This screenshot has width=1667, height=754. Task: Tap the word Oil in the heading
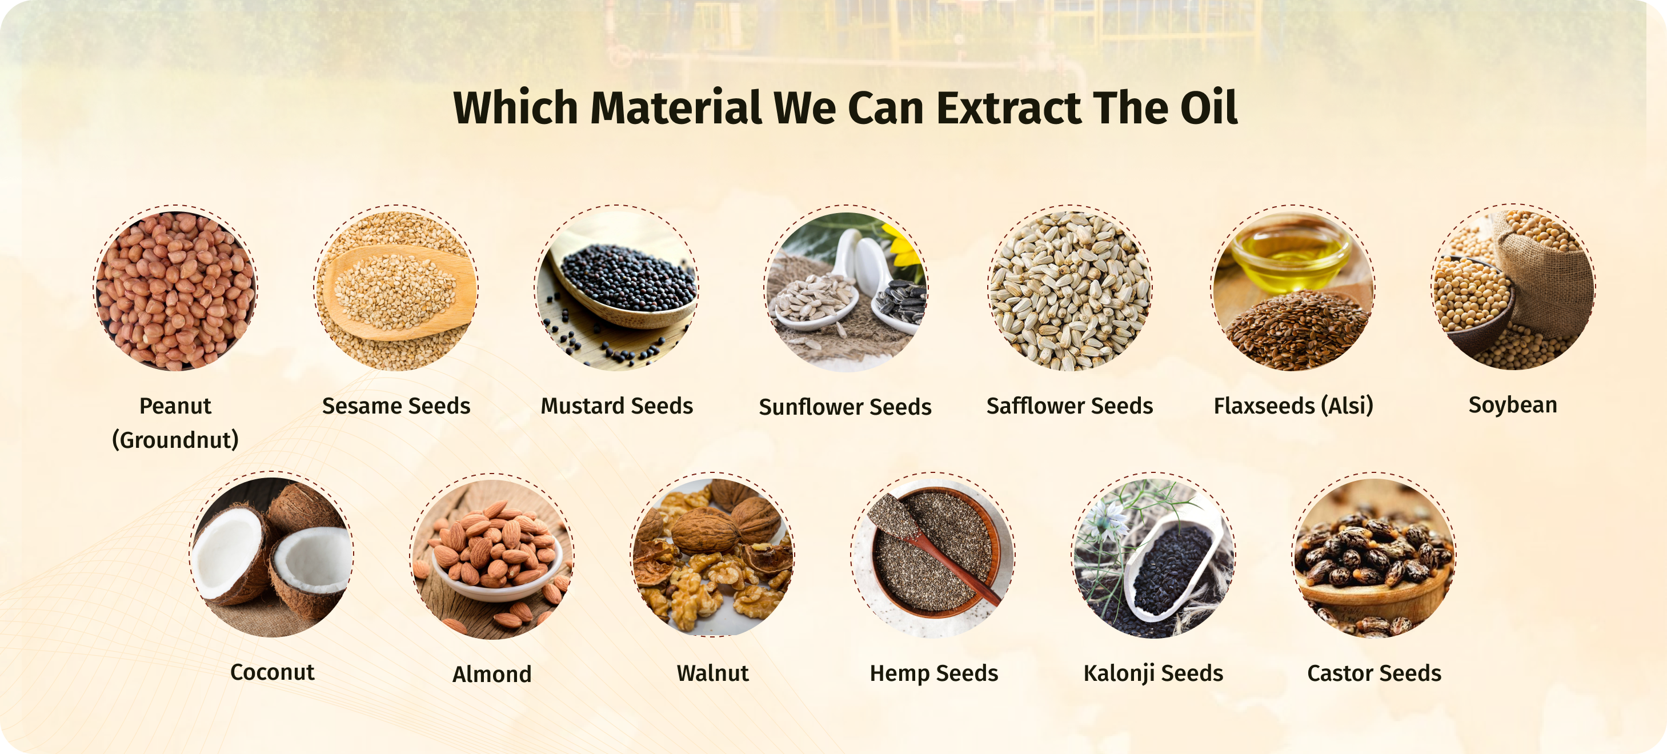tap(1208, 107)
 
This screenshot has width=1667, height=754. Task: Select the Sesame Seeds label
tap(396, 406)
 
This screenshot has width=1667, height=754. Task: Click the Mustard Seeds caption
tap(617, 406)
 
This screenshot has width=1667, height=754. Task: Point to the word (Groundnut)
tap(175, 440)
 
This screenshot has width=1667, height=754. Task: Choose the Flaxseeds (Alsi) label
tap(1293, 406)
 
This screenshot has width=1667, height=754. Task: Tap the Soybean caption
tap(1512, 405)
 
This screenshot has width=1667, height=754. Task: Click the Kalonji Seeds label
tap(1153, 673)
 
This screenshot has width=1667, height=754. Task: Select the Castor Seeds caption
tap(1374, 673)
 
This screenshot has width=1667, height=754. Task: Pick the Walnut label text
tap(712, 673)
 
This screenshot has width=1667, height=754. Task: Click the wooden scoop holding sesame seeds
tap(398, 291)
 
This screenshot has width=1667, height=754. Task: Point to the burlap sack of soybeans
tap(1546, 278)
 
